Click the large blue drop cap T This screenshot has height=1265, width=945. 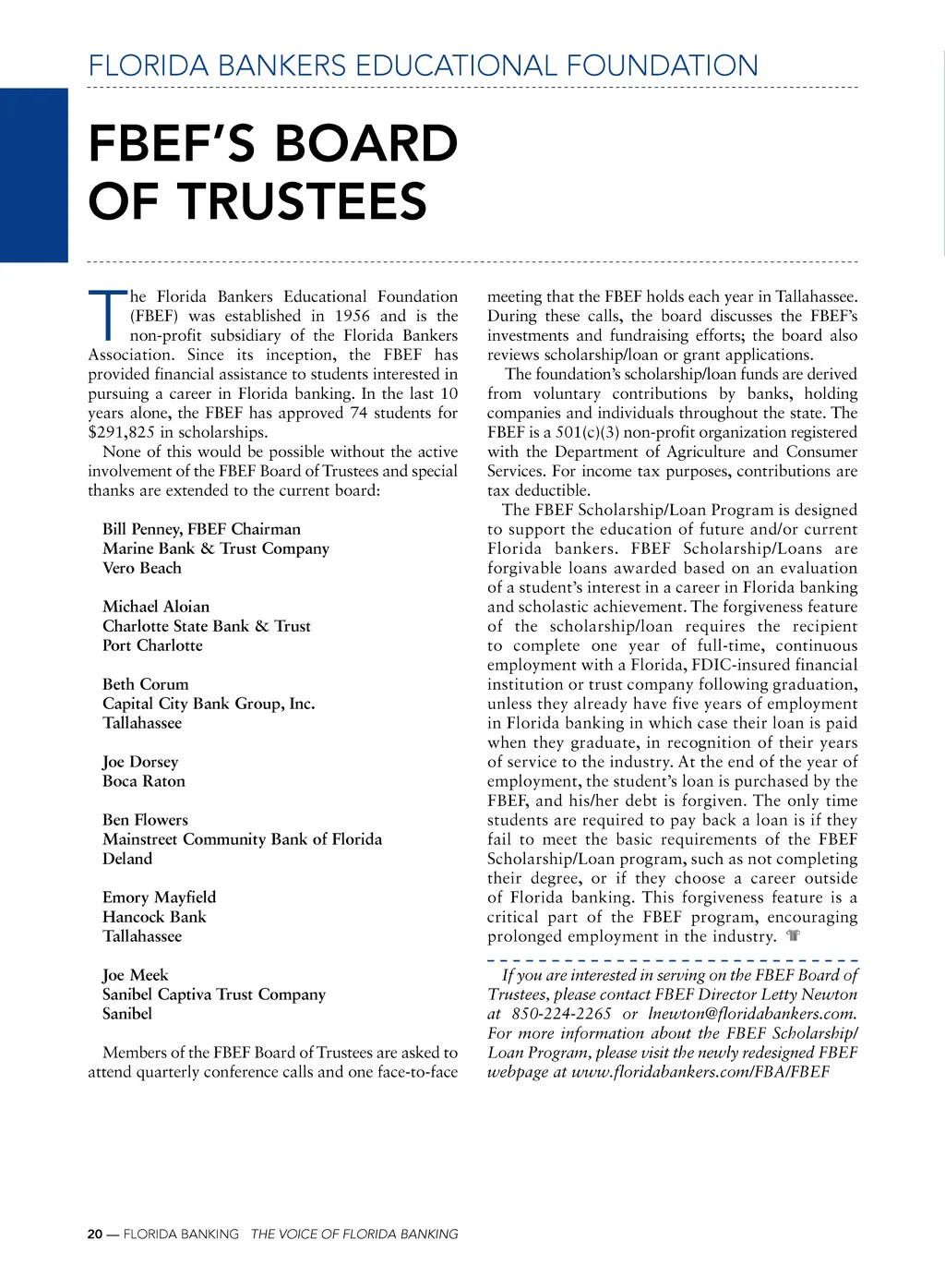click(107, 315)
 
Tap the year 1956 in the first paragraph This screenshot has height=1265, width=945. click(352, 316)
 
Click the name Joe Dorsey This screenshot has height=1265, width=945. click(140, 762)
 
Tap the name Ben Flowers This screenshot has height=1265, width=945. click(145, 820)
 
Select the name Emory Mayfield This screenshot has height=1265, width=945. click(159, 898)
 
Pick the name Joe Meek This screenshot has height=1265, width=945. click(135, 975)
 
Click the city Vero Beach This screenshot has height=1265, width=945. click(141, 568)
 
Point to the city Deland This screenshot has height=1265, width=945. click(127, 859)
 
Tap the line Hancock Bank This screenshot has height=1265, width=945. click(154, 917)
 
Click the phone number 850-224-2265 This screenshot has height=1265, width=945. click(561, 1014)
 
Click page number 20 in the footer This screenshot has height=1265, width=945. click(95, 1235)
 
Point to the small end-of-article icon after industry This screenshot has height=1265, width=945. click(793, 936)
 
